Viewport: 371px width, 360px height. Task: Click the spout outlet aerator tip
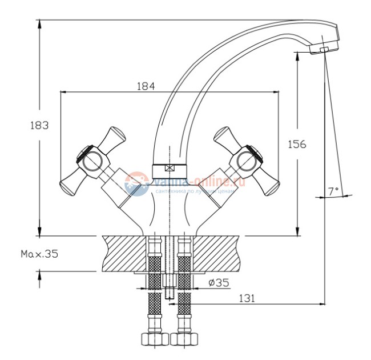[323, 50]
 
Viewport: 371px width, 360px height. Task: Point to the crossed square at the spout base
[169, 169]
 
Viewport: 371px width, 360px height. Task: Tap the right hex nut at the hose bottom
[184, 340]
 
